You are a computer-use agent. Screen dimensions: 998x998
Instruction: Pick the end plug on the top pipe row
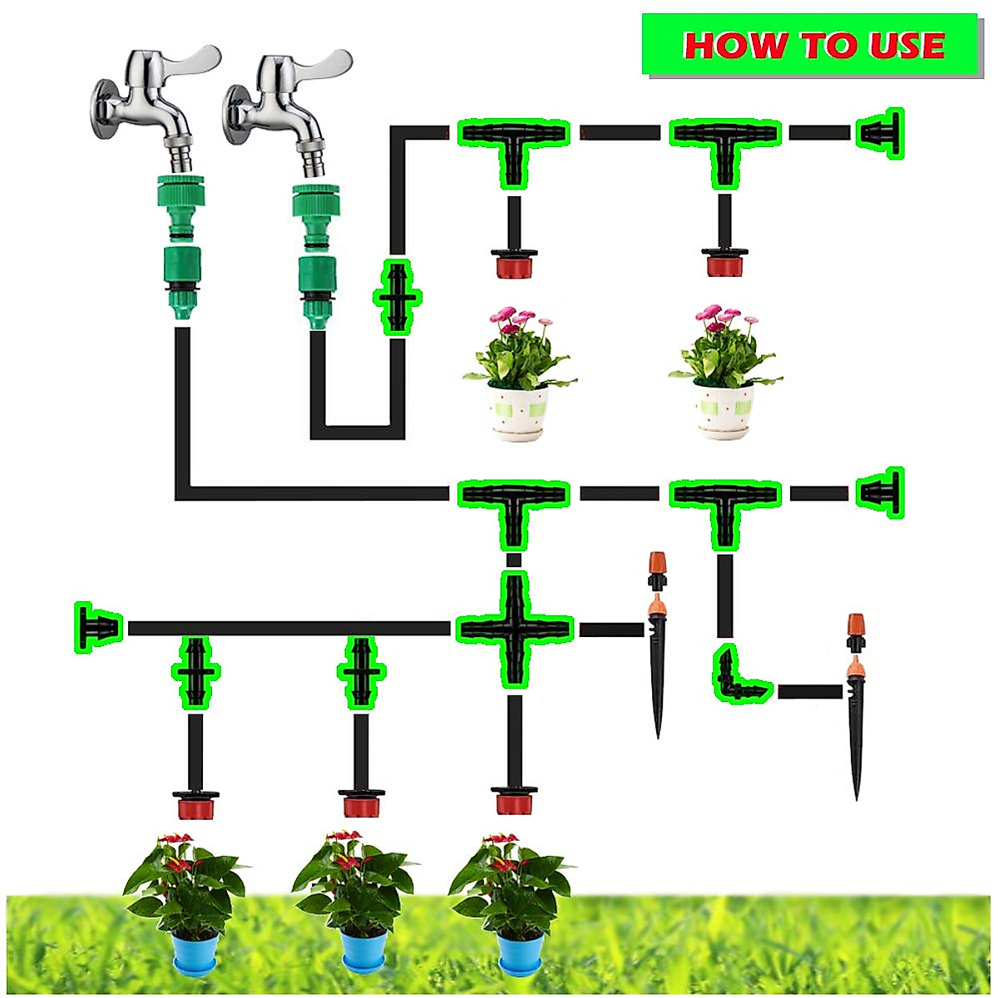tap(881, 133)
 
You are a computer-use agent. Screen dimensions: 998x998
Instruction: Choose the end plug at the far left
tap(99, 627)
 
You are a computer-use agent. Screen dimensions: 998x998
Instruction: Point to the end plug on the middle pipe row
tap(882, 493)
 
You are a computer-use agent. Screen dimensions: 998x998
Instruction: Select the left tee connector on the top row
tap(514, 141)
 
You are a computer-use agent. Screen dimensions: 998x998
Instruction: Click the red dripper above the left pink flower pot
tap(513, 264)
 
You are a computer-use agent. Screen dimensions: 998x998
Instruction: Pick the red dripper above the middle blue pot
tap(361, 803)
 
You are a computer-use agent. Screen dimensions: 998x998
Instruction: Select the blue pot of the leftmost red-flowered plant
tap(195, 952)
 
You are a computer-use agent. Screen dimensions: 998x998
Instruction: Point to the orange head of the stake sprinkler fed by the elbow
tap(856, 625)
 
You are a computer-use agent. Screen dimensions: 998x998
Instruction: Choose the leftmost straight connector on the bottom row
tap(196, 671)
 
